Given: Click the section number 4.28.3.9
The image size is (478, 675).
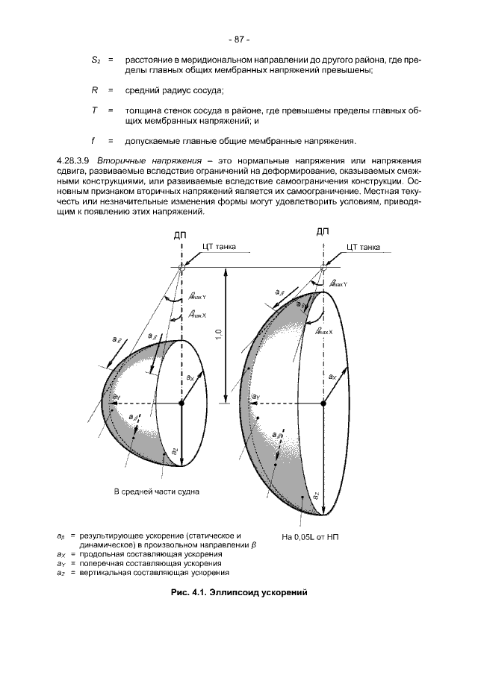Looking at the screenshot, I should (75, 160).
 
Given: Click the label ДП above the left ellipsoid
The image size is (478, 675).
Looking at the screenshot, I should (180, 234).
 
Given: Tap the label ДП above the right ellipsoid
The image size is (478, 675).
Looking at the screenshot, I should (323, 230).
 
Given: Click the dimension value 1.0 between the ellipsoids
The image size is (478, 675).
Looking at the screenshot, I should (217, 335).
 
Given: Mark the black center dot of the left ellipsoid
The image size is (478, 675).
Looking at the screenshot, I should (181, 404).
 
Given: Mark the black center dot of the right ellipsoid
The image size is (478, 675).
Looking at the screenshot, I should (323, 403).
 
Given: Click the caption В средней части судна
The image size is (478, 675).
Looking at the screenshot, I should (157, 492).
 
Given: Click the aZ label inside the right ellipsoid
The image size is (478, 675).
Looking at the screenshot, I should (316, 495).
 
